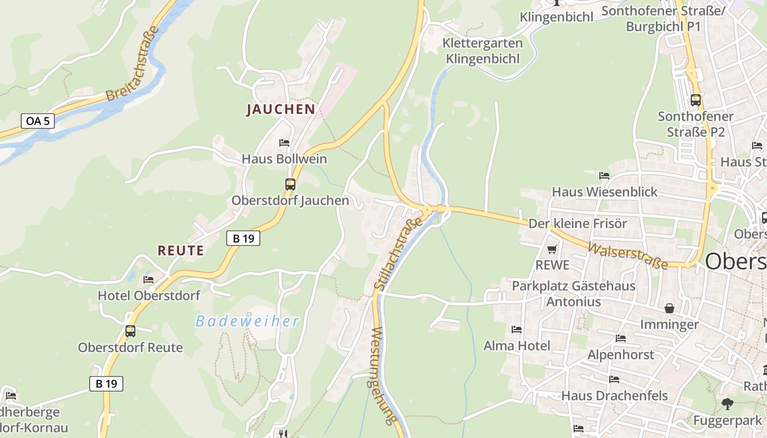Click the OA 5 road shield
pos(38,121)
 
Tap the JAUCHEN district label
pos(281,109)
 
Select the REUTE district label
pos(181,251)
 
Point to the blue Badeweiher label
pos(248,321)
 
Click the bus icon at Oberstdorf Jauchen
pos(290,185)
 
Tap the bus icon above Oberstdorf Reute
pos(130,331)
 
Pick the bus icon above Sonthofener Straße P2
pos(696,100)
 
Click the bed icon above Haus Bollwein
pos(284,143)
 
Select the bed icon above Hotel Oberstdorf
pos(148,279)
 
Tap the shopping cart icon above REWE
pos(552,249)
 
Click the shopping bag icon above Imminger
pos(669,308)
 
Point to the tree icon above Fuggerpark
pos(727,404)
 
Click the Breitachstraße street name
pos(133,64)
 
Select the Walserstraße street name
pos(628,256)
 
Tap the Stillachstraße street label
pos(399,253)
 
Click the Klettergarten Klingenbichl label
pos(482,50)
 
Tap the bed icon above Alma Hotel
pos(517,330)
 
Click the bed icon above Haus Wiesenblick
pos(604,176)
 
